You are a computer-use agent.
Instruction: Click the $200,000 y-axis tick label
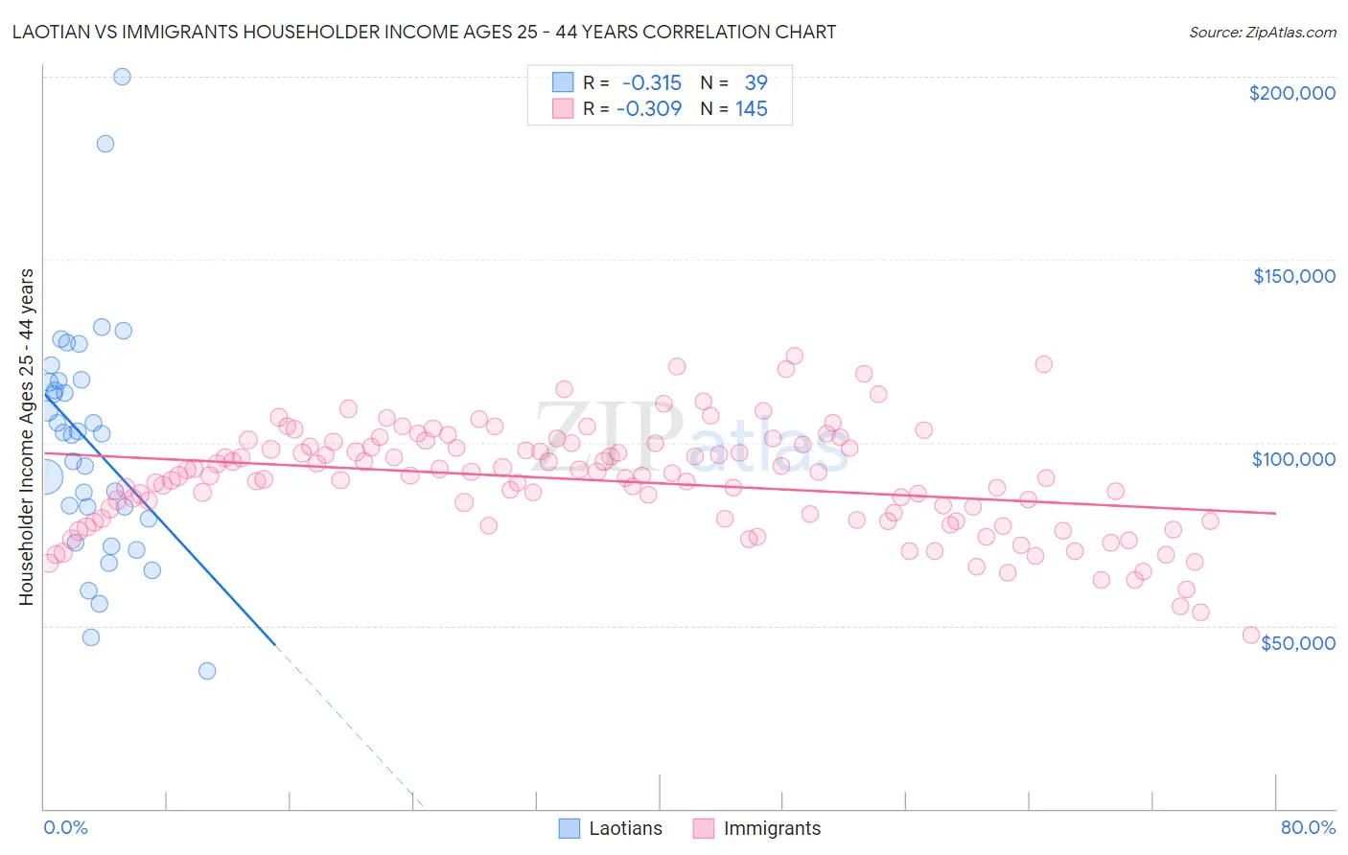click(x=1291, y=93)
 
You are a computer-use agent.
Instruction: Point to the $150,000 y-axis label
click(x=1293, y=276)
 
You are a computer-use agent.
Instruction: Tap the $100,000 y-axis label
click(x=1293, y=459)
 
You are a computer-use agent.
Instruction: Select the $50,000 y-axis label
click(x=1297, y=642)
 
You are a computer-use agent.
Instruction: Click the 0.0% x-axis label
click(x=65, y=827)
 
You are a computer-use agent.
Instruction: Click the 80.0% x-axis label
click(x=1308, y=827)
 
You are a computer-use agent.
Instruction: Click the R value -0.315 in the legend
click(x=651, y=83)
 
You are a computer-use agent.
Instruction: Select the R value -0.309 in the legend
click(x=649, y=109)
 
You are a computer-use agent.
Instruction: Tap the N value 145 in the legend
click(x=752, y=109)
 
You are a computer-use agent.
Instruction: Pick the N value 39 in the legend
click(x=755, y=83)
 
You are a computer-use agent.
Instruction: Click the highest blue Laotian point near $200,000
click(x=122, y=77)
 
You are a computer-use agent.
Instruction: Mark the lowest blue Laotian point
click(x=207, y=671)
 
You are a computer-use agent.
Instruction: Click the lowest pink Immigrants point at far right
click(x=1250, y=635)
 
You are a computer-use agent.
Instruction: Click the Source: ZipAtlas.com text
click(x=1262, y=33)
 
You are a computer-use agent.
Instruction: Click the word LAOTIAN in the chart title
click(x=53, y=33)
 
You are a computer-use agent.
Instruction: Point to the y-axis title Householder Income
click(x=27, y=436)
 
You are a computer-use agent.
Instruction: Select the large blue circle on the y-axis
click(x=44, y=476)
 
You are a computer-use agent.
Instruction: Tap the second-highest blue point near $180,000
click(x=105, y=144)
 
